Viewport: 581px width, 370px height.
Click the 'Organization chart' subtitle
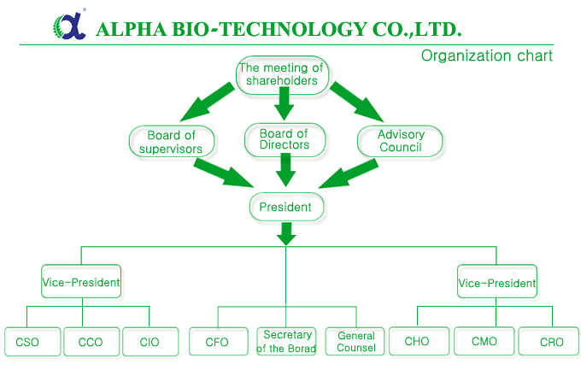pyautogui.click(x=486, y=56)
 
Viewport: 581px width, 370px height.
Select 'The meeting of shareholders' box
pyautogui.click(x=282, y=75)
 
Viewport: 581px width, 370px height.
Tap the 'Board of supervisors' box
pyautogui.click(x=172, y=142)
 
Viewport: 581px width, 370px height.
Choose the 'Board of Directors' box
pyautogui.click(x=285, y=139)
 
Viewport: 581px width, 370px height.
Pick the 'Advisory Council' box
pyautogui.click(x=400, y=141)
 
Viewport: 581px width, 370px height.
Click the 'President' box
pyautogui.click(x=286, y=207)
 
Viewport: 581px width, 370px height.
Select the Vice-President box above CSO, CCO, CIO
pyautogui.click(x=81, y=281)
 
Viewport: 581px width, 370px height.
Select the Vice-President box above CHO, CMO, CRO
pyautogui.click(x=497, y=281)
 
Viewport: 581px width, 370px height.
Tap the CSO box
pyautogui.click(x=32, y=342)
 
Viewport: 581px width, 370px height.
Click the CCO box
pyautogui.click(x=91, y=342)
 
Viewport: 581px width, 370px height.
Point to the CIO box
pyautogui.click(x=150, y=342)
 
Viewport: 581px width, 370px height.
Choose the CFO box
pyautogui.click(x=218, y=341)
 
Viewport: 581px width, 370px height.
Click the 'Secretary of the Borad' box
pyautogui.click(x=286, y=341)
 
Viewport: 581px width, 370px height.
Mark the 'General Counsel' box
pyautogui.click(x=355, y=341)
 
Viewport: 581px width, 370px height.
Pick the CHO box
pyautogui.click(x=419, y=341)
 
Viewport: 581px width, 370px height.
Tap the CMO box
pyautogui.click(x=484, y=341)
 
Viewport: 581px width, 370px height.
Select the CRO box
pyautogui.click(x=549, y=341)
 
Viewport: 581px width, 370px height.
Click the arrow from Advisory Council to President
pyautogui.click(x=349, y=174)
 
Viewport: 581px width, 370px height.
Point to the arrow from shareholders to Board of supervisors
pyautogui.click(x=208, y=102)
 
